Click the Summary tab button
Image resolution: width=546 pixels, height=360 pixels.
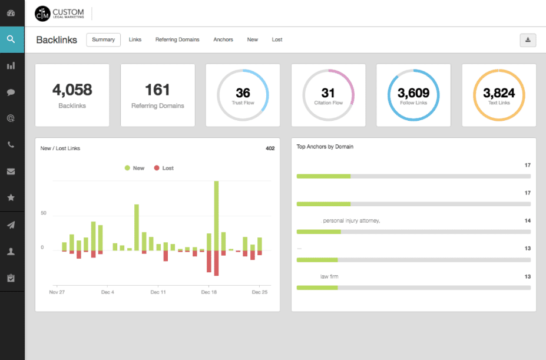103,39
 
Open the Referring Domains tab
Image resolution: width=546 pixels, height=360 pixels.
177,39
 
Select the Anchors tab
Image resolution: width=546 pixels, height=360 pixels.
223,39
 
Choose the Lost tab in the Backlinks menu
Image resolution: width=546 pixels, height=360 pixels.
277,39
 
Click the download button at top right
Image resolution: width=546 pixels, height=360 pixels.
528,39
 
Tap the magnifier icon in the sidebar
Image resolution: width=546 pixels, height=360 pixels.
11,39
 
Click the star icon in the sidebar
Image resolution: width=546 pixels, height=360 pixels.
11,198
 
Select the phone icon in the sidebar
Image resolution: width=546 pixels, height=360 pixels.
11,145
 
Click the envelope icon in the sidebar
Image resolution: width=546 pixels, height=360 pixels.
11,171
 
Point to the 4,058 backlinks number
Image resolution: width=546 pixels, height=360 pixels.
72,90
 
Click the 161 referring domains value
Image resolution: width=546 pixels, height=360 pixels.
157,90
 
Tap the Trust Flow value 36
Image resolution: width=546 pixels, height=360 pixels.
243,93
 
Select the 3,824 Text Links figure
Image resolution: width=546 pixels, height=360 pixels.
499,93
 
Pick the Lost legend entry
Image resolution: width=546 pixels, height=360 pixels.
164,168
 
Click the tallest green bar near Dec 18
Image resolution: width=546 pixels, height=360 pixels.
216,215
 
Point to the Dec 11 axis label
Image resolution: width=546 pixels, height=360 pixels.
158,292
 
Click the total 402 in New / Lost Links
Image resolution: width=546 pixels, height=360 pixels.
270,148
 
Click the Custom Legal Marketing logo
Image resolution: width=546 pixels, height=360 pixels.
59,13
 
